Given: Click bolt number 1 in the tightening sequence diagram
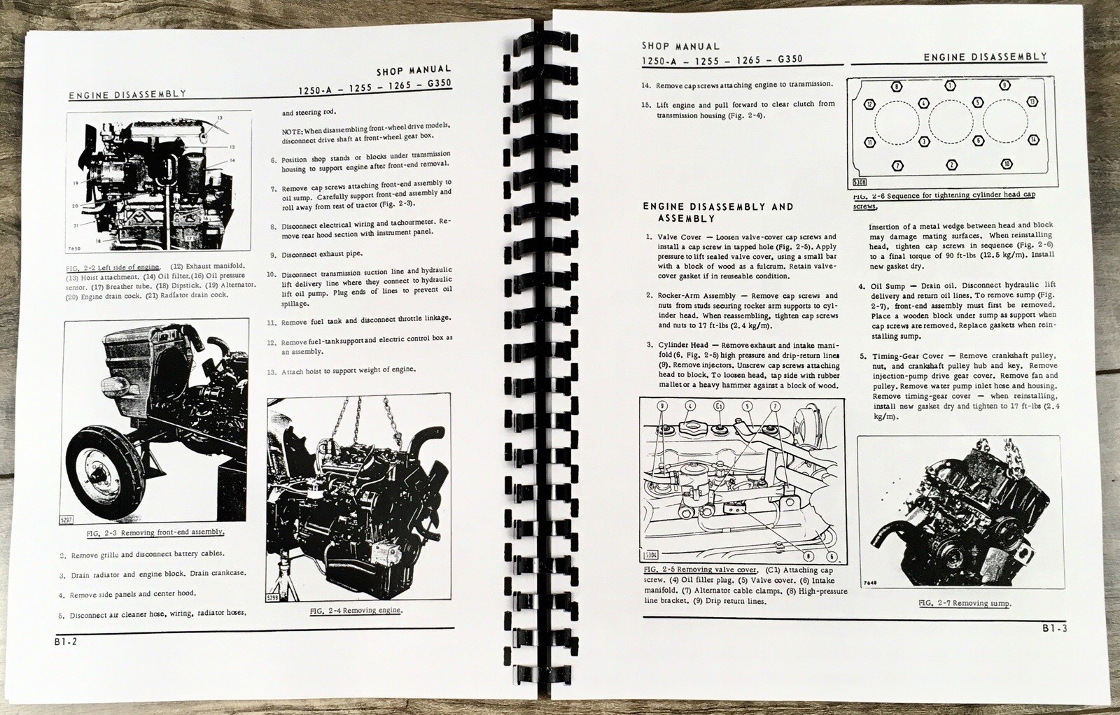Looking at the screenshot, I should point(950,86).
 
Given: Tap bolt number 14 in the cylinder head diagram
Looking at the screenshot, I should point(1033,141).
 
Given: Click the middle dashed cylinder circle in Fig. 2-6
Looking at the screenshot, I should point(951,121).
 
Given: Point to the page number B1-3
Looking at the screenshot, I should point(1053,628).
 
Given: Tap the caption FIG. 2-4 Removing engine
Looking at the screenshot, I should point(356,611).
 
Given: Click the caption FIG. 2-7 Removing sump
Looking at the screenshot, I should point(965,603).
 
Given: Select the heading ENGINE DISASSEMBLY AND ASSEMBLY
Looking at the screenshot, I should point(717,212).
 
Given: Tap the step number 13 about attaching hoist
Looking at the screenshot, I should point(271,372).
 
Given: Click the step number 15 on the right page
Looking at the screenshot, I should point(646,105).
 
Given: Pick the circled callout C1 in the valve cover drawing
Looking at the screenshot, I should point(718,406).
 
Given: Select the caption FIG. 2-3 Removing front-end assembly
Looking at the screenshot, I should point(155,532).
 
